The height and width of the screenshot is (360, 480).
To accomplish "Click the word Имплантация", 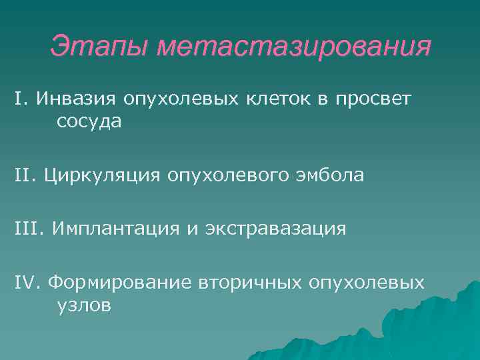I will point(118,230).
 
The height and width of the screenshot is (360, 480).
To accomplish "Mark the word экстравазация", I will point(279,230).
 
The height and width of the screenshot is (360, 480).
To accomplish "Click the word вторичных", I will point(250,283).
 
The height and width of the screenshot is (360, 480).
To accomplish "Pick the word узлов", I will point(80,307).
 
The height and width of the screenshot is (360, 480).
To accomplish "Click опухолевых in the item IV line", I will point(366,283).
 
